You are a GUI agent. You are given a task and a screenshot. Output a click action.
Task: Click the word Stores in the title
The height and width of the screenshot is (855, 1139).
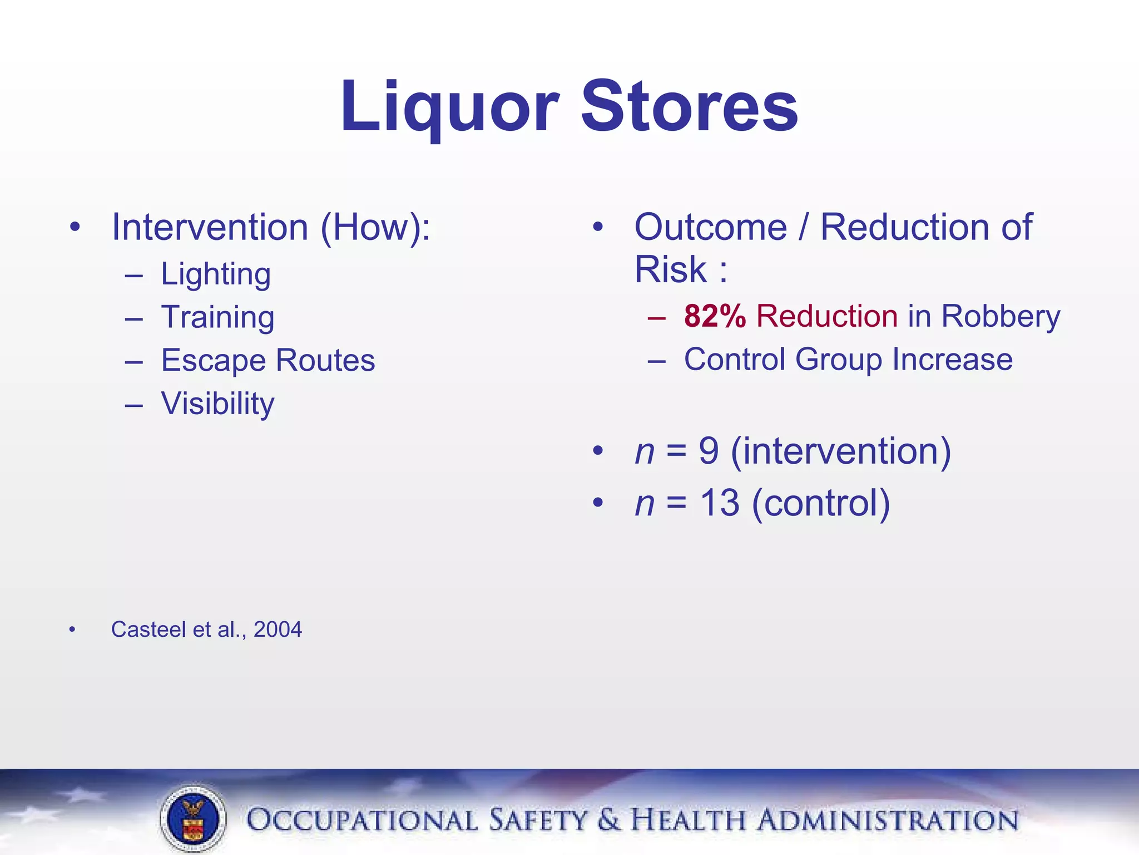pos(690,107)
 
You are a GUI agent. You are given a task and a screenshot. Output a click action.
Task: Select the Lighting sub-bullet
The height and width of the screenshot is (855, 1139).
pos(216,274)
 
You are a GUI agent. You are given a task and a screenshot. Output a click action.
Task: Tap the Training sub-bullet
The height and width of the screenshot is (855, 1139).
pos(217,317)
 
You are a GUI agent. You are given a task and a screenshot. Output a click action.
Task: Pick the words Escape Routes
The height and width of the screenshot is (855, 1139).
pos(268,360)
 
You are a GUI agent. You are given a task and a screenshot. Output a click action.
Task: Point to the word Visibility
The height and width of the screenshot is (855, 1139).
pos(217,403)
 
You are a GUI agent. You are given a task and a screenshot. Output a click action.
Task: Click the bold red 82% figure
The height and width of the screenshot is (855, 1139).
pos(715,316)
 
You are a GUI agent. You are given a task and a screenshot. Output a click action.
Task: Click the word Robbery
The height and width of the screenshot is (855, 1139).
pos(1001,316)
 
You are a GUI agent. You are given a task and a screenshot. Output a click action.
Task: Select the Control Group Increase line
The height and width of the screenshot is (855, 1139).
pos(848,359)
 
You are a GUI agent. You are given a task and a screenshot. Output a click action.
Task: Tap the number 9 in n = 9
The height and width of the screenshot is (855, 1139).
pos(709,451)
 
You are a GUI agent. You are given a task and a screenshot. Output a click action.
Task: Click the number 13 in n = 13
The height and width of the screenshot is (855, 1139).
pos(719,503)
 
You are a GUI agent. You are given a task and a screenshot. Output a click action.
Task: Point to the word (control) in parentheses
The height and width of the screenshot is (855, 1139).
pos(821,503)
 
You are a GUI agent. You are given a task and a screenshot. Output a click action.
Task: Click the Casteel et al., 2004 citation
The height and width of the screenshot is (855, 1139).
pos(206,630)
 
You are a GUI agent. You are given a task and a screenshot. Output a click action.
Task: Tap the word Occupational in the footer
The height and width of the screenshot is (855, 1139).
pos(362,820)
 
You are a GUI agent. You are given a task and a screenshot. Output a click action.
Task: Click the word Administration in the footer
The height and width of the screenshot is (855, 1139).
pos(888,820)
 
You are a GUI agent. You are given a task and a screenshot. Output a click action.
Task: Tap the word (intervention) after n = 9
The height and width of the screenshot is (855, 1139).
pos(841,451)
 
